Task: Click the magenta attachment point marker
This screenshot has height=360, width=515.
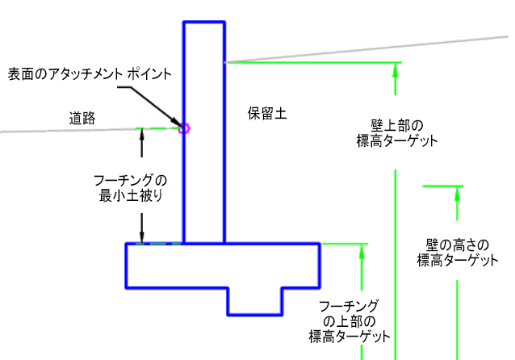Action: (184, 128)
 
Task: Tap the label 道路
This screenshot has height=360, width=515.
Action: (82, 118)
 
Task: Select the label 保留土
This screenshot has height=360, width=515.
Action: (267, 114)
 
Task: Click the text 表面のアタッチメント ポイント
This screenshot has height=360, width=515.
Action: (90, 74)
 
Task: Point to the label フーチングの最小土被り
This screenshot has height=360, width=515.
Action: (131, 188)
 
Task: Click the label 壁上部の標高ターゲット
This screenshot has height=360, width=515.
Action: (397, 133)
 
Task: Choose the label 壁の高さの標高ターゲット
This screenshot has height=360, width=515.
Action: (458, 253)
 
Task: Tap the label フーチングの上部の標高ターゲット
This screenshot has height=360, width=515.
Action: (350, 321)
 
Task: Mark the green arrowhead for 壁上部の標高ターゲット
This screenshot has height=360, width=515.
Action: (395, 69)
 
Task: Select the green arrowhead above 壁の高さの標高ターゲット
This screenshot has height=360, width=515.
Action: (457, 194)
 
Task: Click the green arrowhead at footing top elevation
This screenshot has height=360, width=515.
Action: (362, 251)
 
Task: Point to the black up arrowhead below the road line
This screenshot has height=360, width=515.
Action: (141, 135)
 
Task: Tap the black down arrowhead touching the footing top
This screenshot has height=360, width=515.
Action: (141, 237)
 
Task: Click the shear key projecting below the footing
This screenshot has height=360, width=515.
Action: (255, 302)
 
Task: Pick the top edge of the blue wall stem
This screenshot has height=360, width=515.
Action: (204, 23)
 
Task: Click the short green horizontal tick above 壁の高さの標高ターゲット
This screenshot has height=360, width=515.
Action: (442, 186)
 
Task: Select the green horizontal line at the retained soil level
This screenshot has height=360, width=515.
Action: (313, 62)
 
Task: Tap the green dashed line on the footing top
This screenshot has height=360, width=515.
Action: (159, 244)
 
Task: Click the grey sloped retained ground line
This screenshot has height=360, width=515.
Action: (366, 49)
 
